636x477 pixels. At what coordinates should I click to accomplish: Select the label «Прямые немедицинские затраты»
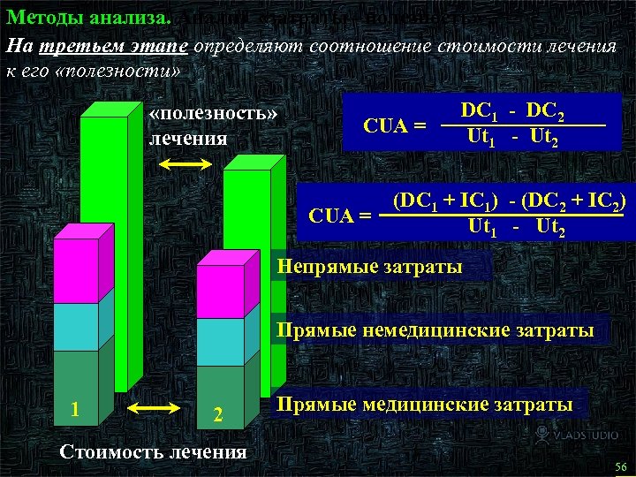(435, 331)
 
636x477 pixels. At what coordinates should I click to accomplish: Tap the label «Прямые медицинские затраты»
(424, 405)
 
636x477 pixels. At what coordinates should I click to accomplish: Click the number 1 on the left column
(78, 410)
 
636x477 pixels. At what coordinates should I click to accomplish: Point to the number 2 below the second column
(219, 413)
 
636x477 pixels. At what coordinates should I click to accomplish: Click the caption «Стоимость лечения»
(151, 451)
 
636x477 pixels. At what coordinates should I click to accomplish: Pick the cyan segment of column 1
(76, 327)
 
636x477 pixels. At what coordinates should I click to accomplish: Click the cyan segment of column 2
(219, 341)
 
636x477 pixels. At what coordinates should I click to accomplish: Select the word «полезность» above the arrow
(213, 117)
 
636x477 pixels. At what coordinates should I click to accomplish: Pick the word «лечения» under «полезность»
(187, 139)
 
